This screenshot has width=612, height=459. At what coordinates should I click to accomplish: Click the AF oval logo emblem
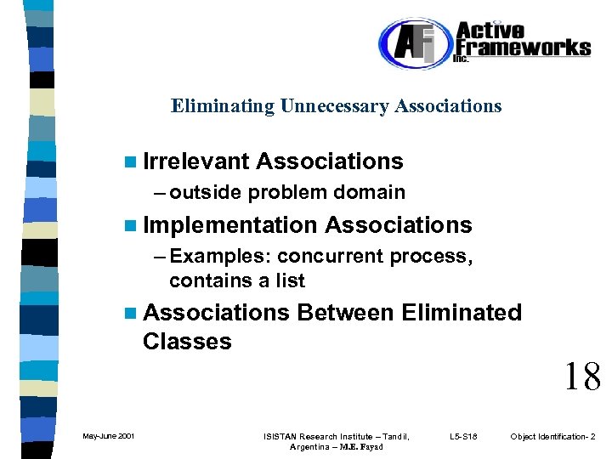(413, 44)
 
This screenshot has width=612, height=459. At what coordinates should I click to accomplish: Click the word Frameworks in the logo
(522, 48)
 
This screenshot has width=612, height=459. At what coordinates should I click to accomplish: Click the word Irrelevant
(196, 161)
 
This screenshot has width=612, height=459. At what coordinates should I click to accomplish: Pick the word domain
(370, 192)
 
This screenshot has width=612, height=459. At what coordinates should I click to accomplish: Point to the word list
(288, 280)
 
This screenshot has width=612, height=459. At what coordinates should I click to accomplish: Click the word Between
(345, 313)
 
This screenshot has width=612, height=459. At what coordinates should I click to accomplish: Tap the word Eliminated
(462, 313)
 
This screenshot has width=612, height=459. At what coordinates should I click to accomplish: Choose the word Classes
(187, 342)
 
